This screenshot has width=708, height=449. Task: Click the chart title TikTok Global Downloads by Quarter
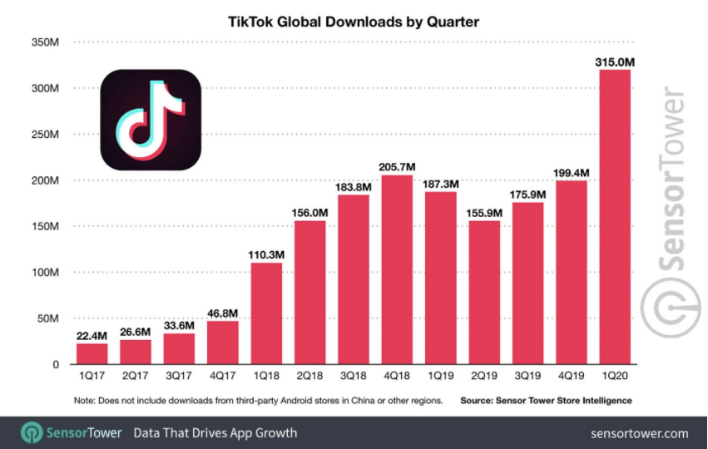coord(353,20)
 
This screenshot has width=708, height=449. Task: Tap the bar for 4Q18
coord(397,269)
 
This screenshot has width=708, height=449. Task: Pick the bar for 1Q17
coord(92,353)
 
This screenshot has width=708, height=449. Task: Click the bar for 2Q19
coord(484,292)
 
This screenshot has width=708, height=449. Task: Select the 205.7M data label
coord(397,164)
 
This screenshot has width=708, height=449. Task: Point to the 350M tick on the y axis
coord(43,42)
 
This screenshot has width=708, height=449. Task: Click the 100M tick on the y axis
coord(43,273)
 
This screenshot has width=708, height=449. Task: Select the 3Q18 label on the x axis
coord(353,377)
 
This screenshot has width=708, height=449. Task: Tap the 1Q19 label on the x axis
coord(440,377)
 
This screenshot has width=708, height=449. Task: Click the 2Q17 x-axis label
coord(135,377)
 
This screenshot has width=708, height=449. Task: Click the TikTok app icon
coord(151,120)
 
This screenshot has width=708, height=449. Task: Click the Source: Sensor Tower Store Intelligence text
coord(546,401)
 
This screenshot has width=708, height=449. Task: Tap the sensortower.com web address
coord(639,433)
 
